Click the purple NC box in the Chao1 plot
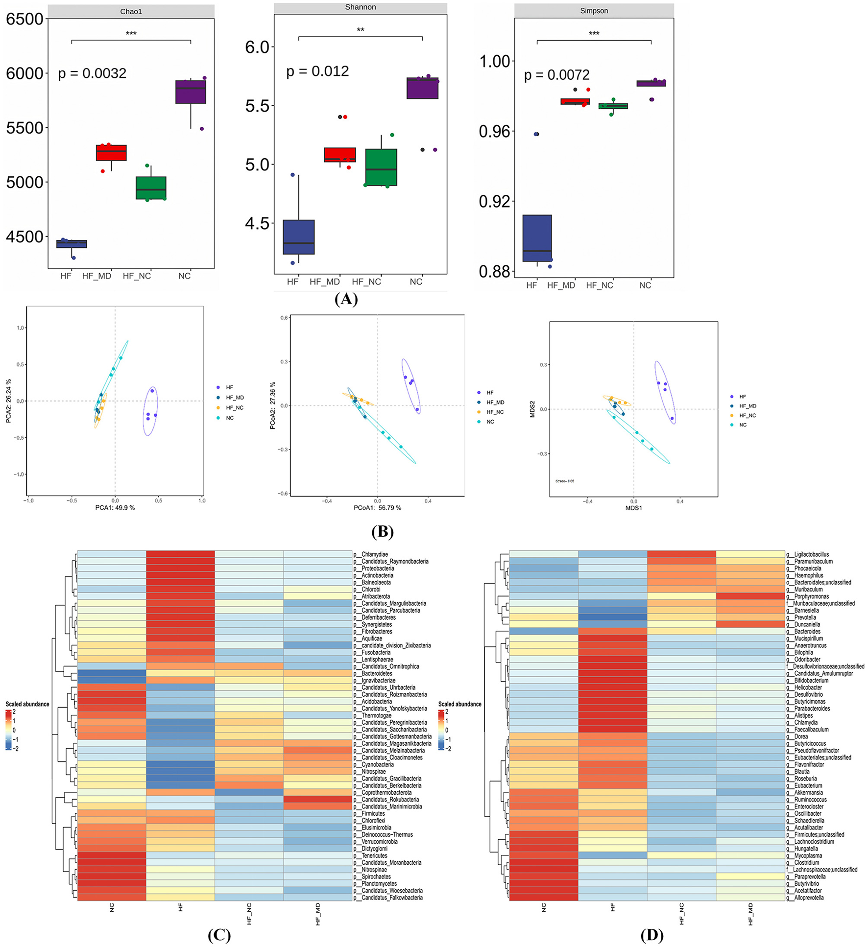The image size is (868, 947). pos(191,92)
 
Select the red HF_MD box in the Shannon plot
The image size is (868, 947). pos(340,155)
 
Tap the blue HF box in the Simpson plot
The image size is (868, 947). pos(537,238)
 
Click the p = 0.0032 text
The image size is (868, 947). pos(92,73)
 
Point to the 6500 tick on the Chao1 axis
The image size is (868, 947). pos(24,19)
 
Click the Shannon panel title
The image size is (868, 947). pos(360,7)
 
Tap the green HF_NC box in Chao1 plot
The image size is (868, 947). pos(151,188)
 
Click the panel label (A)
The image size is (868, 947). pos(346,299)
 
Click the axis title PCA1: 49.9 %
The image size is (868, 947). pos(115,508)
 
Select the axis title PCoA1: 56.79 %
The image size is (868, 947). pos(377,508)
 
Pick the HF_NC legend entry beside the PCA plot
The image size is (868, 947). pos(234,408)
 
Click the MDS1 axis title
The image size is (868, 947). pos(633,508)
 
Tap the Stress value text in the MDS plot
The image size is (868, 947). pos(565,481)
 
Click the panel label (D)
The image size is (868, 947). pos(651,935)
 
